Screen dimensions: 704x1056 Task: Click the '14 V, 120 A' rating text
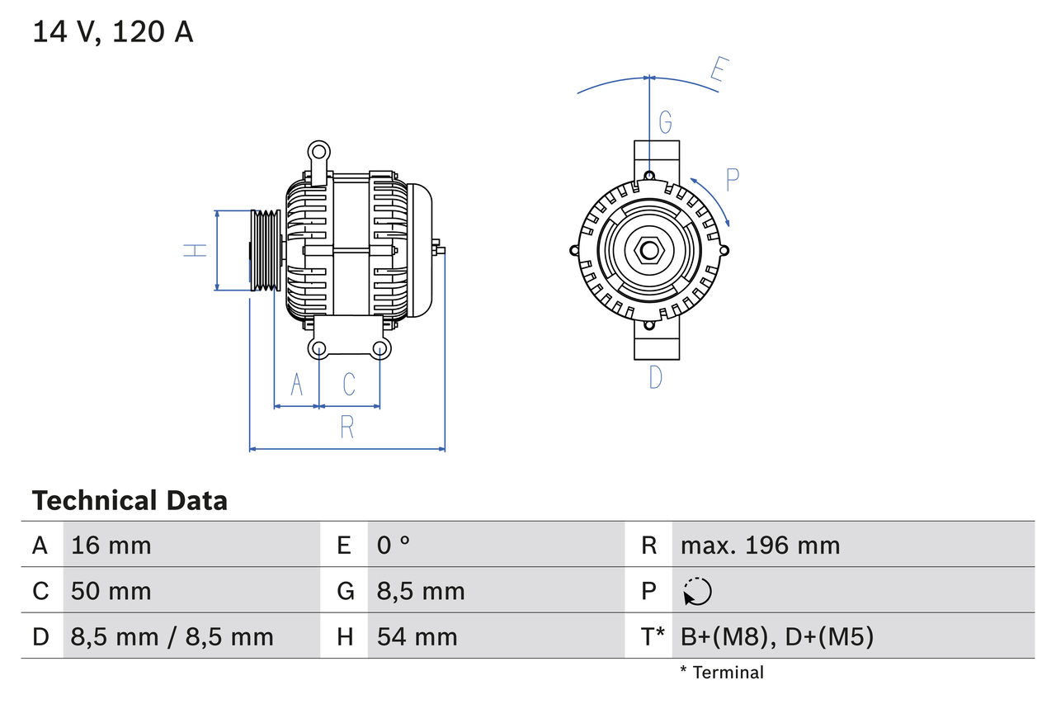pyautogui.click(x=113, y=32)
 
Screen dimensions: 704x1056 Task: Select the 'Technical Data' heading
pyautogui.click(x=130, y=500)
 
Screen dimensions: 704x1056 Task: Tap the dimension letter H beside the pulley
pyautogui.click(x=196, y=250)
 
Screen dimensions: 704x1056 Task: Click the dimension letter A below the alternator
pyautogui.click(x=297, y=384)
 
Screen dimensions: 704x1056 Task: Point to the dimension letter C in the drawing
pyautogui.click(x=349, y=384)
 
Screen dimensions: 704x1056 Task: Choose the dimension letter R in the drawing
pyautogui.click(x=347, y=428)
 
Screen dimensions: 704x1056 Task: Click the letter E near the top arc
pyautogui.click(x=718, y=73)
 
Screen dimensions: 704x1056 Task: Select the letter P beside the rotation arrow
pyautogui.click(x=733, y=179)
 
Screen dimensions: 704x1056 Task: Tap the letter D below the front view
pyautogui.click(x=655, y=378)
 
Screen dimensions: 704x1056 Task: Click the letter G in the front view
pyautogui.click(x=665, y=123)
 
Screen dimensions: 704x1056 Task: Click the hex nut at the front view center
pyautogui.click(x=649, y=250)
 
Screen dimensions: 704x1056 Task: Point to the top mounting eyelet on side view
pyautogui.click(x=318, y=151)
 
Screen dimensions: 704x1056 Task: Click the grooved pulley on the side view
pyautogui.click(x=266, y=250)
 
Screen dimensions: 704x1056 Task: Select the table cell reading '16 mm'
pyautogui.click(x=111, y=545)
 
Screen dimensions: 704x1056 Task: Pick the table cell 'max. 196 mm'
pyautogui.click(x=760, y=545)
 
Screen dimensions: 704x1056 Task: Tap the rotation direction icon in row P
pyautogui.click(x=697, y=591)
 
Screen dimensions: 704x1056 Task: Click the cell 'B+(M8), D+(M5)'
pyautogui.click(x=776, y=636)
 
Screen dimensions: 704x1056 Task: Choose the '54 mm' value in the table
pyautogui.click(x=417, y=636)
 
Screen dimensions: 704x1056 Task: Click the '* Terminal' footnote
pyautogui.click(x=722, y=673)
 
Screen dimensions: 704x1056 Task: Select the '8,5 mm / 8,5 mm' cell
pyautogui.click(x=172, y=636)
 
